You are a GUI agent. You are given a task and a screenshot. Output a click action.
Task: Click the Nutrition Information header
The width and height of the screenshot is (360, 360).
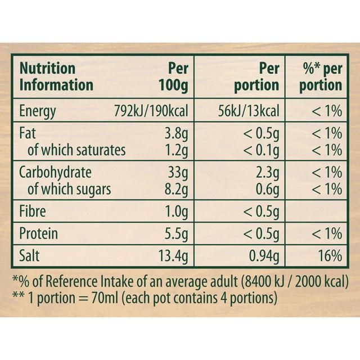(56, 76)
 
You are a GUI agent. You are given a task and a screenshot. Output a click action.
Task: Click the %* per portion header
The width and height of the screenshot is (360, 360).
(320, 76)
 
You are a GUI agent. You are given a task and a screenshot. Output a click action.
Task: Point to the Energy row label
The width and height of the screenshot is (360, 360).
(38, 110)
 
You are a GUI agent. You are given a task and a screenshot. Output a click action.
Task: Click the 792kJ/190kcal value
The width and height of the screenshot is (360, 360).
(150, 110)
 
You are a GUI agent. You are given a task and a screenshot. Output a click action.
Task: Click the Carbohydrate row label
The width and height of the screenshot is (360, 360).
(55, 173)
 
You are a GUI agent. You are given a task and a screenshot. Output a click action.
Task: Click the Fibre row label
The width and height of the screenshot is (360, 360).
(33, 212)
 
